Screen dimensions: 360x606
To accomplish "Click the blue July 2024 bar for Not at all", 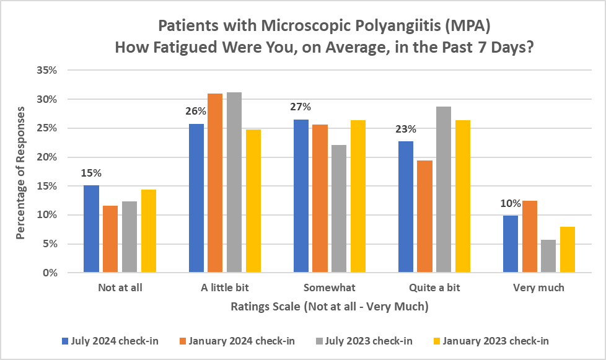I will coord(91,229).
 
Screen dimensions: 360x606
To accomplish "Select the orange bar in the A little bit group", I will coord(215,183).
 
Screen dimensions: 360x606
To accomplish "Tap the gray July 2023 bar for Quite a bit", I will coord(443,190).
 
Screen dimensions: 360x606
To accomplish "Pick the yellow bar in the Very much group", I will coord(567,250).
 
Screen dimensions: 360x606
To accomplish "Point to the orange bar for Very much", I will coord(529,237).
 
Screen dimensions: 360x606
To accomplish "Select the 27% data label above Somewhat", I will coord(301,107).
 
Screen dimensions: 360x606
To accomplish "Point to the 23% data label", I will coord(405,130).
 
